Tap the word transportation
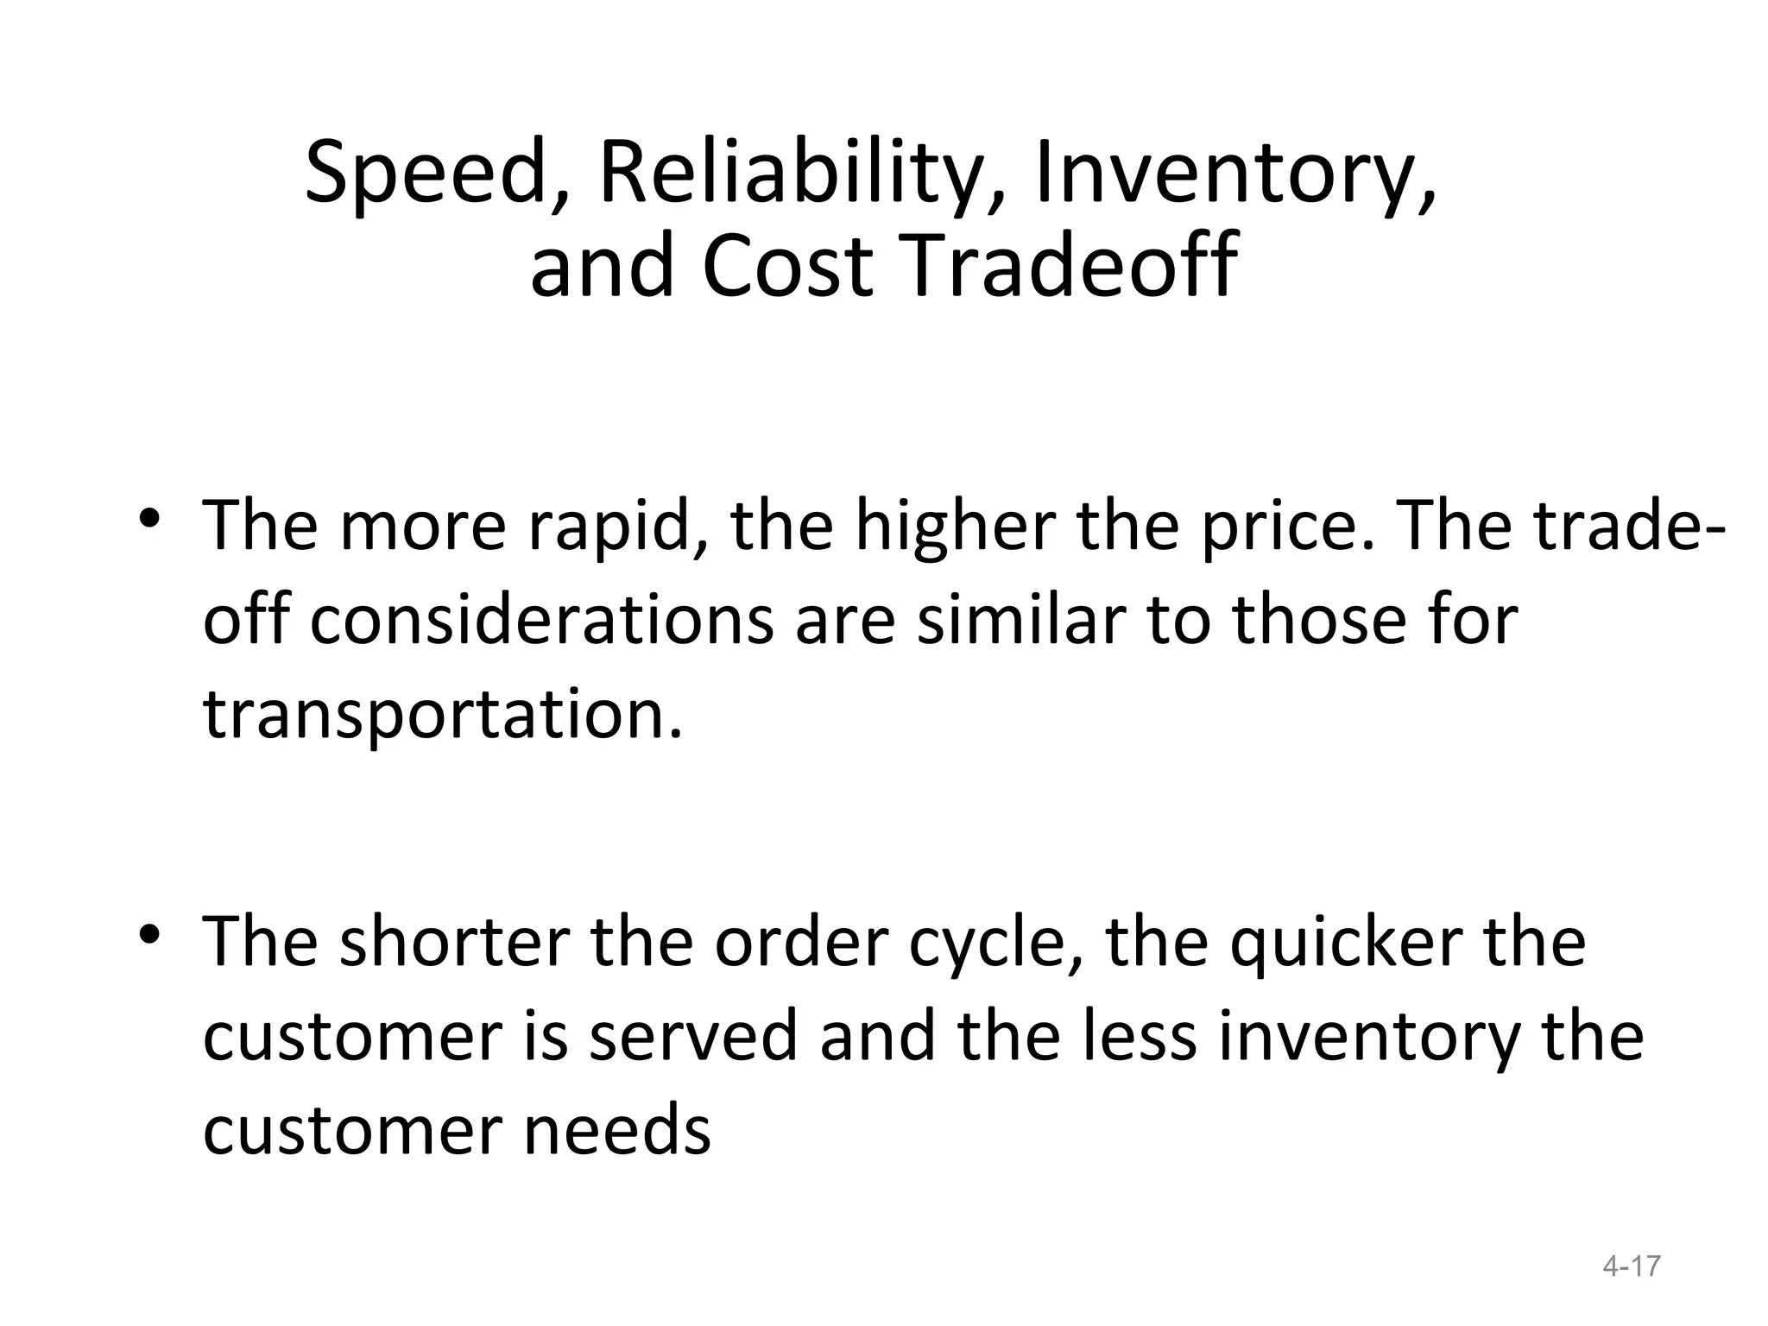(442, 715)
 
